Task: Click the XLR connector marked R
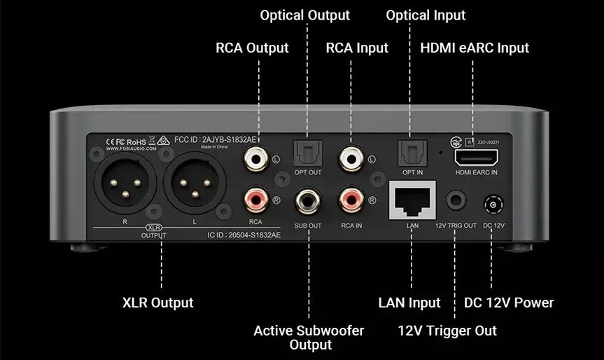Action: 123,186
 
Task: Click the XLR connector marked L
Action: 192,186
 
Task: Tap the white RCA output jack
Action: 255,160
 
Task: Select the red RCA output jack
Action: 255,202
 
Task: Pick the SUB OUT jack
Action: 308,202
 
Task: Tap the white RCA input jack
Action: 351,160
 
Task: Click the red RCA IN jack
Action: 351,202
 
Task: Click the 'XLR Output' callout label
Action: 157,303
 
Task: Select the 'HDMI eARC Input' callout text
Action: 475,48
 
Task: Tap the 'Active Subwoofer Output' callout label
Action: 309,338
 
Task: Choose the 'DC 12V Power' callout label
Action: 509,303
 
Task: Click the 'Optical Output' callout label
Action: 304,15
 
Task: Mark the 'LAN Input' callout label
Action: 409,303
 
